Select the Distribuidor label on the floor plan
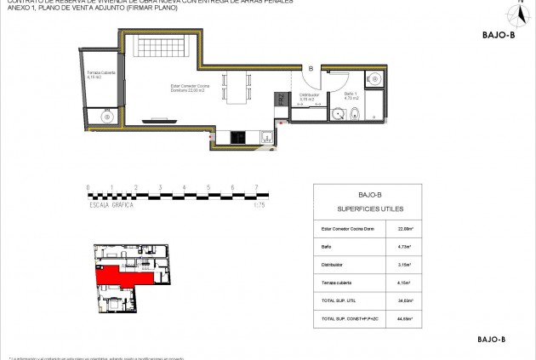[307, 97]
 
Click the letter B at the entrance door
[311, 68]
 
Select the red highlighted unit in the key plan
[119, 276]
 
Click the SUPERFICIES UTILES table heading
[370, 208]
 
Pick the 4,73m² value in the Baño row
[404, 246]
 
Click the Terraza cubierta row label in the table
[338, 282]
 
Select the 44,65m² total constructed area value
[404, 318]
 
